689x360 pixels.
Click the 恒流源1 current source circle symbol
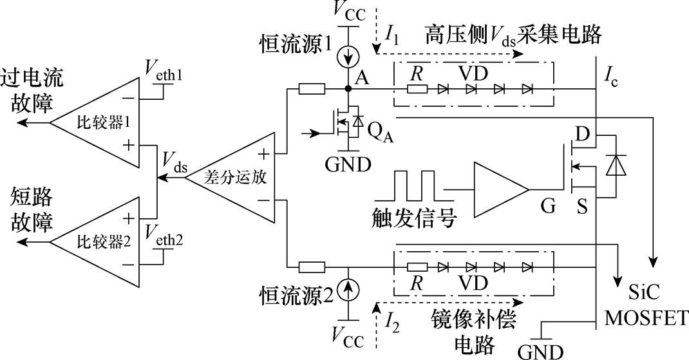pyautogui.click(x=348, y=57)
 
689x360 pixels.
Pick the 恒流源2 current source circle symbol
pyautogui.click(x=348, y=293)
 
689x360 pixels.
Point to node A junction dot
pyautogui.click(x=348, y=88)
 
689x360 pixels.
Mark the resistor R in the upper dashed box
pyautogui.click(x=417, y=88)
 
